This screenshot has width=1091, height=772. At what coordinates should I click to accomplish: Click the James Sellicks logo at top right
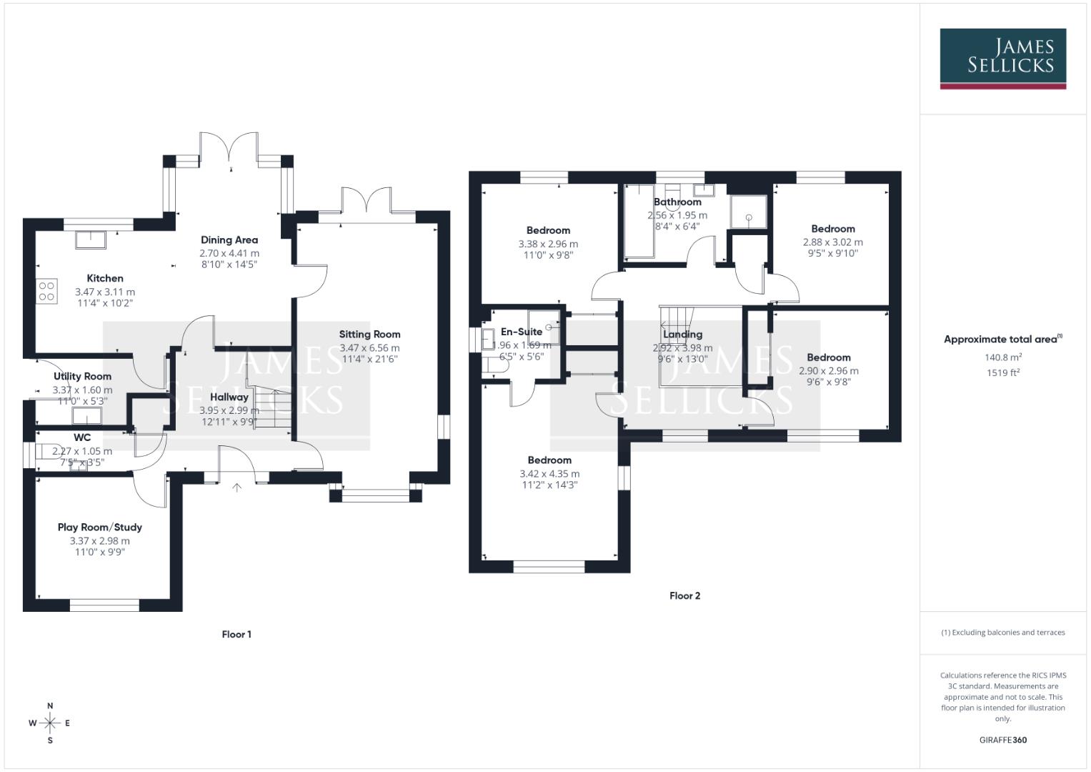pyautogui.click(x=1002, y=58)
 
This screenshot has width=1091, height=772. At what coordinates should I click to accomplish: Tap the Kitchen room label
pyautogui.click(x=105, y=278)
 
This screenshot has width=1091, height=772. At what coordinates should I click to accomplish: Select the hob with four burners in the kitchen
pyautogui.click(x=46, y=291)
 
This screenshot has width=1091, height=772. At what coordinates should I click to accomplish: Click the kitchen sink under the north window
pyautogui.click(x=91, y=239)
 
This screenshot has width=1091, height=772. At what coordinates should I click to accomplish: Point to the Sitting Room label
pyautogui.click(x=369, y=334)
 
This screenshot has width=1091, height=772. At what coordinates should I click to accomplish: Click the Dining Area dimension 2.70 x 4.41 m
pyautogui.click(x=229, y=253)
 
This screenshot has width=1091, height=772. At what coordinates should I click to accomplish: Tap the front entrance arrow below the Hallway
pyautogui.click(x=236, y=488)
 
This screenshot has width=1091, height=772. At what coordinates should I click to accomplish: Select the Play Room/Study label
pyautogui.click(x=100, y=527)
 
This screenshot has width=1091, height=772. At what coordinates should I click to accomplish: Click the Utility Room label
pyautogui.click(x=82, y=376)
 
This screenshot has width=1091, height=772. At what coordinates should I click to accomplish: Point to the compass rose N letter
pyautogui.click(x=50, y=706)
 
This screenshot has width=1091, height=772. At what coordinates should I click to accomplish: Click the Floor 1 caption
pyautogui.click(x=236, y=634)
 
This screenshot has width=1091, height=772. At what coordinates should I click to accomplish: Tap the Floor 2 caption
pyautogui.click(x=684, y=595)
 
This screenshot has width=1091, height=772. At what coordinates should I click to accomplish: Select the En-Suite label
pyautogui.click(x=521, y=332)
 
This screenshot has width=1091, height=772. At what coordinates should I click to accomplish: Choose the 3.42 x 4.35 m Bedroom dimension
pyautogui.click(x=549, y=473)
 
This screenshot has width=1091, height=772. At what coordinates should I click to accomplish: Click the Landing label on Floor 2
pyautogui.click(x=682, y=334)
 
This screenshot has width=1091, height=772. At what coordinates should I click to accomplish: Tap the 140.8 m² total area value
pyautogui.click(x=1002, y=357)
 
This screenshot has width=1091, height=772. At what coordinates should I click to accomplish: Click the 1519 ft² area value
pyautogui.click(x=1002, y=372)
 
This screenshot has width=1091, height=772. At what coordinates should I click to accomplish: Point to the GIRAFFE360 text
pyautogui.click(x=1002, y=740)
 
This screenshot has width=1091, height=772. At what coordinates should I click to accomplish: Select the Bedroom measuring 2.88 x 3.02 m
pyautogui.click(x=832, y=229)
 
